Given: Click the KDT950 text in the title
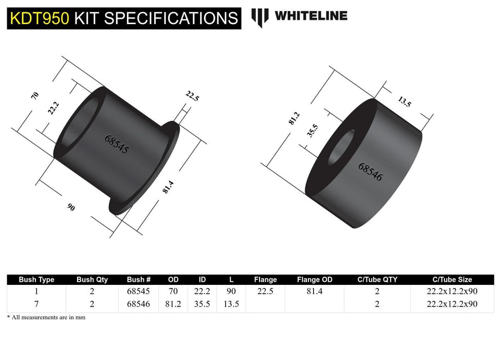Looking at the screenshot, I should tap(39, 18).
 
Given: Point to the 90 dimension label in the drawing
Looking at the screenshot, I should tap(71, 207).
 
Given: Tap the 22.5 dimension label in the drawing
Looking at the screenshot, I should tap(192, 96).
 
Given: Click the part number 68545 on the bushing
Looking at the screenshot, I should tap(117, 145).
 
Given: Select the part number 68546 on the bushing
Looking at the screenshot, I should tap(370, 172).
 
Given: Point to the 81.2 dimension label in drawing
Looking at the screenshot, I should tap(293, 118).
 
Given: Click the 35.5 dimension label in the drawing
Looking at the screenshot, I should tap(311, 131).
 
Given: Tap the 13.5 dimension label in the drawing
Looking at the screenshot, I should tap(404, 102).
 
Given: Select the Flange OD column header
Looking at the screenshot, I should tap(315, 280).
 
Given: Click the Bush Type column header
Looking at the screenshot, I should tap(36, 280).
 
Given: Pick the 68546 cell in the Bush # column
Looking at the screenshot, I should tap(138, 304).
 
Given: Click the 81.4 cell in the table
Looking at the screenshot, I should tap(315, 291).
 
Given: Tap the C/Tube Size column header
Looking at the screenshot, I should tap(452, 280).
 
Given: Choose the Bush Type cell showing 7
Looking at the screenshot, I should tap(36, 304).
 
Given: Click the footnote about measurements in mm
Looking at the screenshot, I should tap(46, 317).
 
